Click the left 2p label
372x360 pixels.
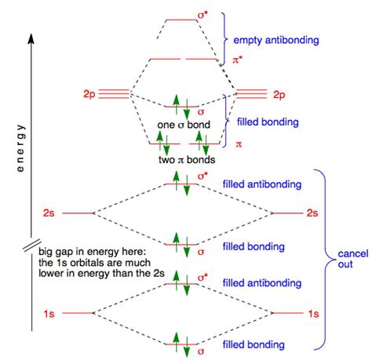pos(87,94)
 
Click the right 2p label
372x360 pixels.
pos(279,94)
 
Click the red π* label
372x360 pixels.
pos(238,60)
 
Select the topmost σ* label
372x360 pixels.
pos(205,15)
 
